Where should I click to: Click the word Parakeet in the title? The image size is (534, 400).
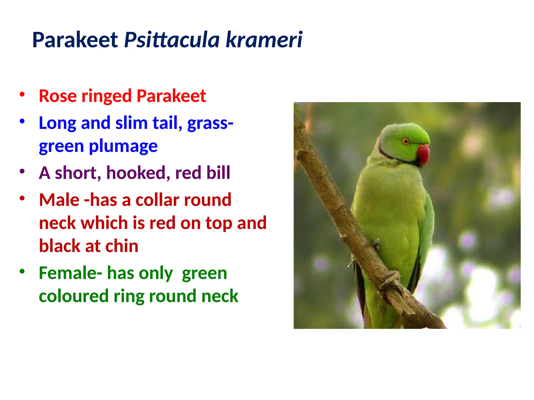[x=75, y=40]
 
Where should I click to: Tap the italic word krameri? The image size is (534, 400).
[x=264, y=40]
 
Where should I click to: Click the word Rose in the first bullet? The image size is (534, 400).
[x=58, y=96]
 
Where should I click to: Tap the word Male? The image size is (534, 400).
[x=59, y=200]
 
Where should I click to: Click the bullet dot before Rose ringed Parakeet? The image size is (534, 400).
[x=22, y=94]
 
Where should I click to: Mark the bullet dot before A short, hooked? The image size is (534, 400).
[x=22, y=171]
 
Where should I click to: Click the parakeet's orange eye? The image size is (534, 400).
[x=405, y=141]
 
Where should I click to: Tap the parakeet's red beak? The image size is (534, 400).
[x=424, y=154]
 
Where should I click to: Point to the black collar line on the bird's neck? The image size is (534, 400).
[x=391, y=156]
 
